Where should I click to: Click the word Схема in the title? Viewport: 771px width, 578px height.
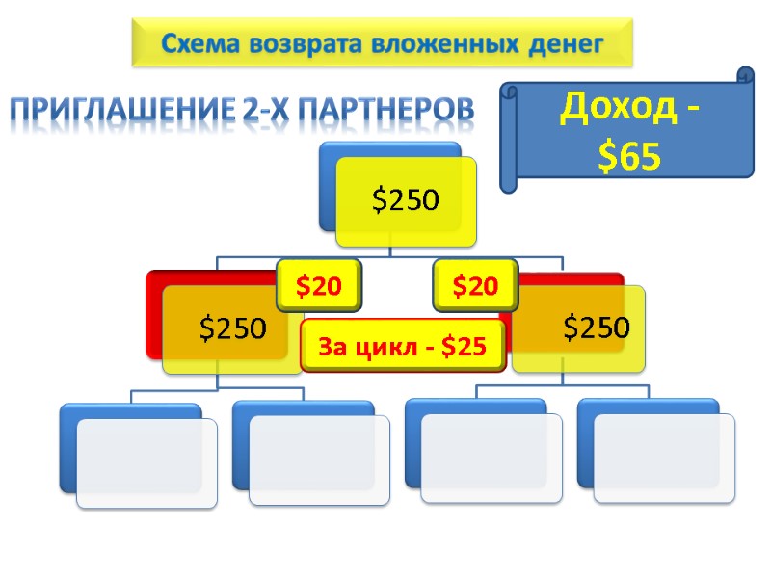[200, 43]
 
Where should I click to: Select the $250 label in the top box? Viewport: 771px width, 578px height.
[406, 200]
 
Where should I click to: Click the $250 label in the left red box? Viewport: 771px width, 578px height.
[232, 328]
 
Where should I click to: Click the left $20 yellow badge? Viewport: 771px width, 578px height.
[318, 285]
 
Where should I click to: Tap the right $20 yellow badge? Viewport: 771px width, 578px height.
[476, 285]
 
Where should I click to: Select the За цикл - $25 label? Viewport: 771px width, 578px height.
[403, 348]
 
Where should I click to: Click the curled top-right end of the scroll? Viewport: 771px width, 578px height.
[745, 76]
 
